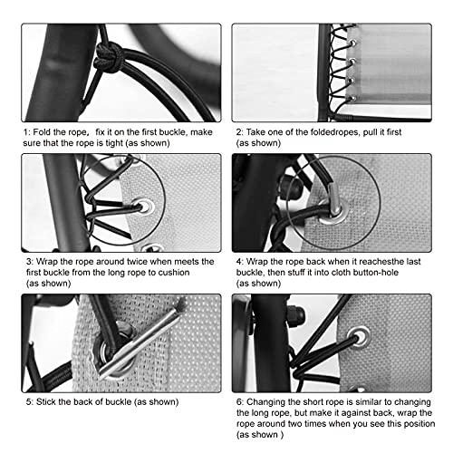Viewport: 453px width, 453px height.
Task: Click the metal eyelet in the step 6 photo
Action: click(x=361, y=336)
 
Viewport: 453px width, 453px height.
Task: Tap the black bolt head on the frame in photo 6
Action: click(x=296, y=319)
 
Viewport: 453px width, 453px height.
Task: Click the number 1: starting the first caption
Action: click(x=26, y=131)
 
